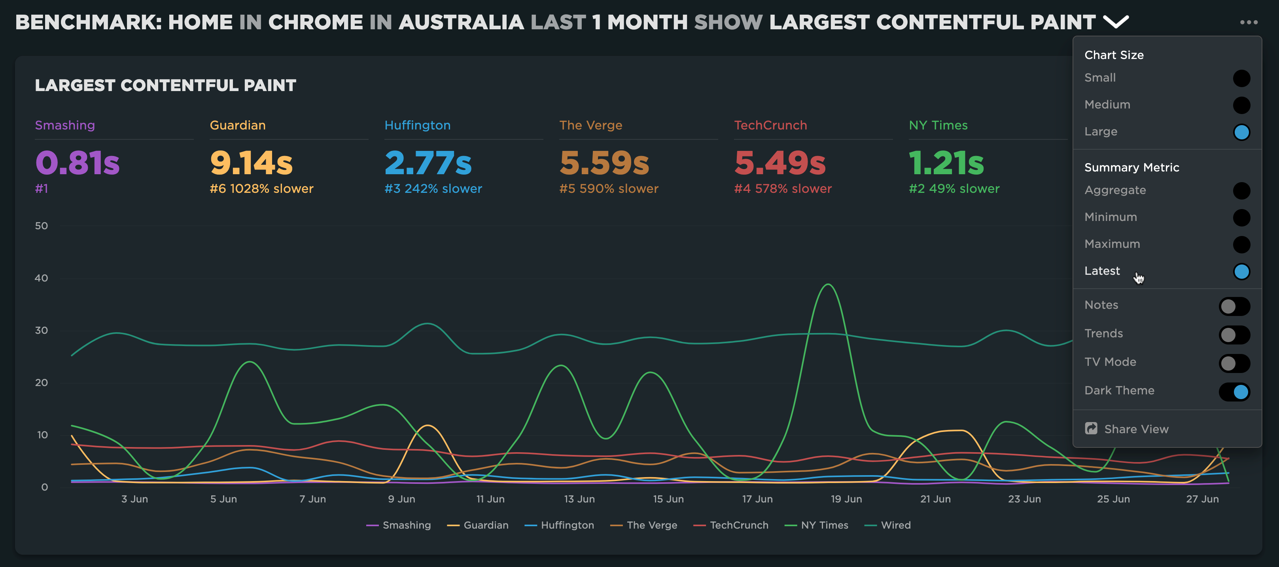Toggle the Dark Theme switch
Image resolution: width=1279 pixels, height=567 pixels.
click(x=1234, y=392)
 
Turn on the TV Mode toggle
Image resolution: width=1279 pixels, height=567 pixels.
click(x=1234, y=363)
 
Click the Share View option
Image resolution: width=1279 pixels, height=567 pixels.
click(x=1136, y=429)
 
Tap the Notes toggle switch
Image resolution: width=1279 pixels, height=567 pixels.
click(x=1234, y=306)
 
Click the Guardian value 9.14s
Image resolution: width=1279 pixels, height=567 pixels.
click(x=251, y=163)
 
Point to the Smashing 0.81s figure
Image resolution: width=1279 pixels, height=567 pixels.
click(x=78, y=163)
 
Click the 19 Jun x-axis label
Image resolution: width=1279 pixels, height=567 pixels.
click(x=846, y=499)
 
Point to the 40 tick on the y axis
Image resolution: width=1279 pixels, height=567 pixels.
click(x=41, y=278)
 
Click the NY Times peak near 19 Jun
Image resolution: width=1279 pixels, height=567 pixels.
click(x=828, y=285)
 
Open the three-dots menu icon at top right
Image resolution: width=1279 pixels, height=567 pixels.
click(x=1249, y=22)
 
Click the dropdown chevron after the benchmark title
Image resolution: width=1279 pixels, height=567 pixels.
click(x=1116, y=22)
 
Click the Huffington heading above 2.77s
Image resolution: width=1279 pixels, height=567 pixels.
click(x=417, y=125)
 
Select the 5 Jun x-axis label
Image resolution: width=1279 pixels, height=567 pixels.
click(x=223, y=499)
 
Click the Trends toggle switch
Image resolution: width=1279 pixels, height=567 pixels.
click(x=1234, y=335)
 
